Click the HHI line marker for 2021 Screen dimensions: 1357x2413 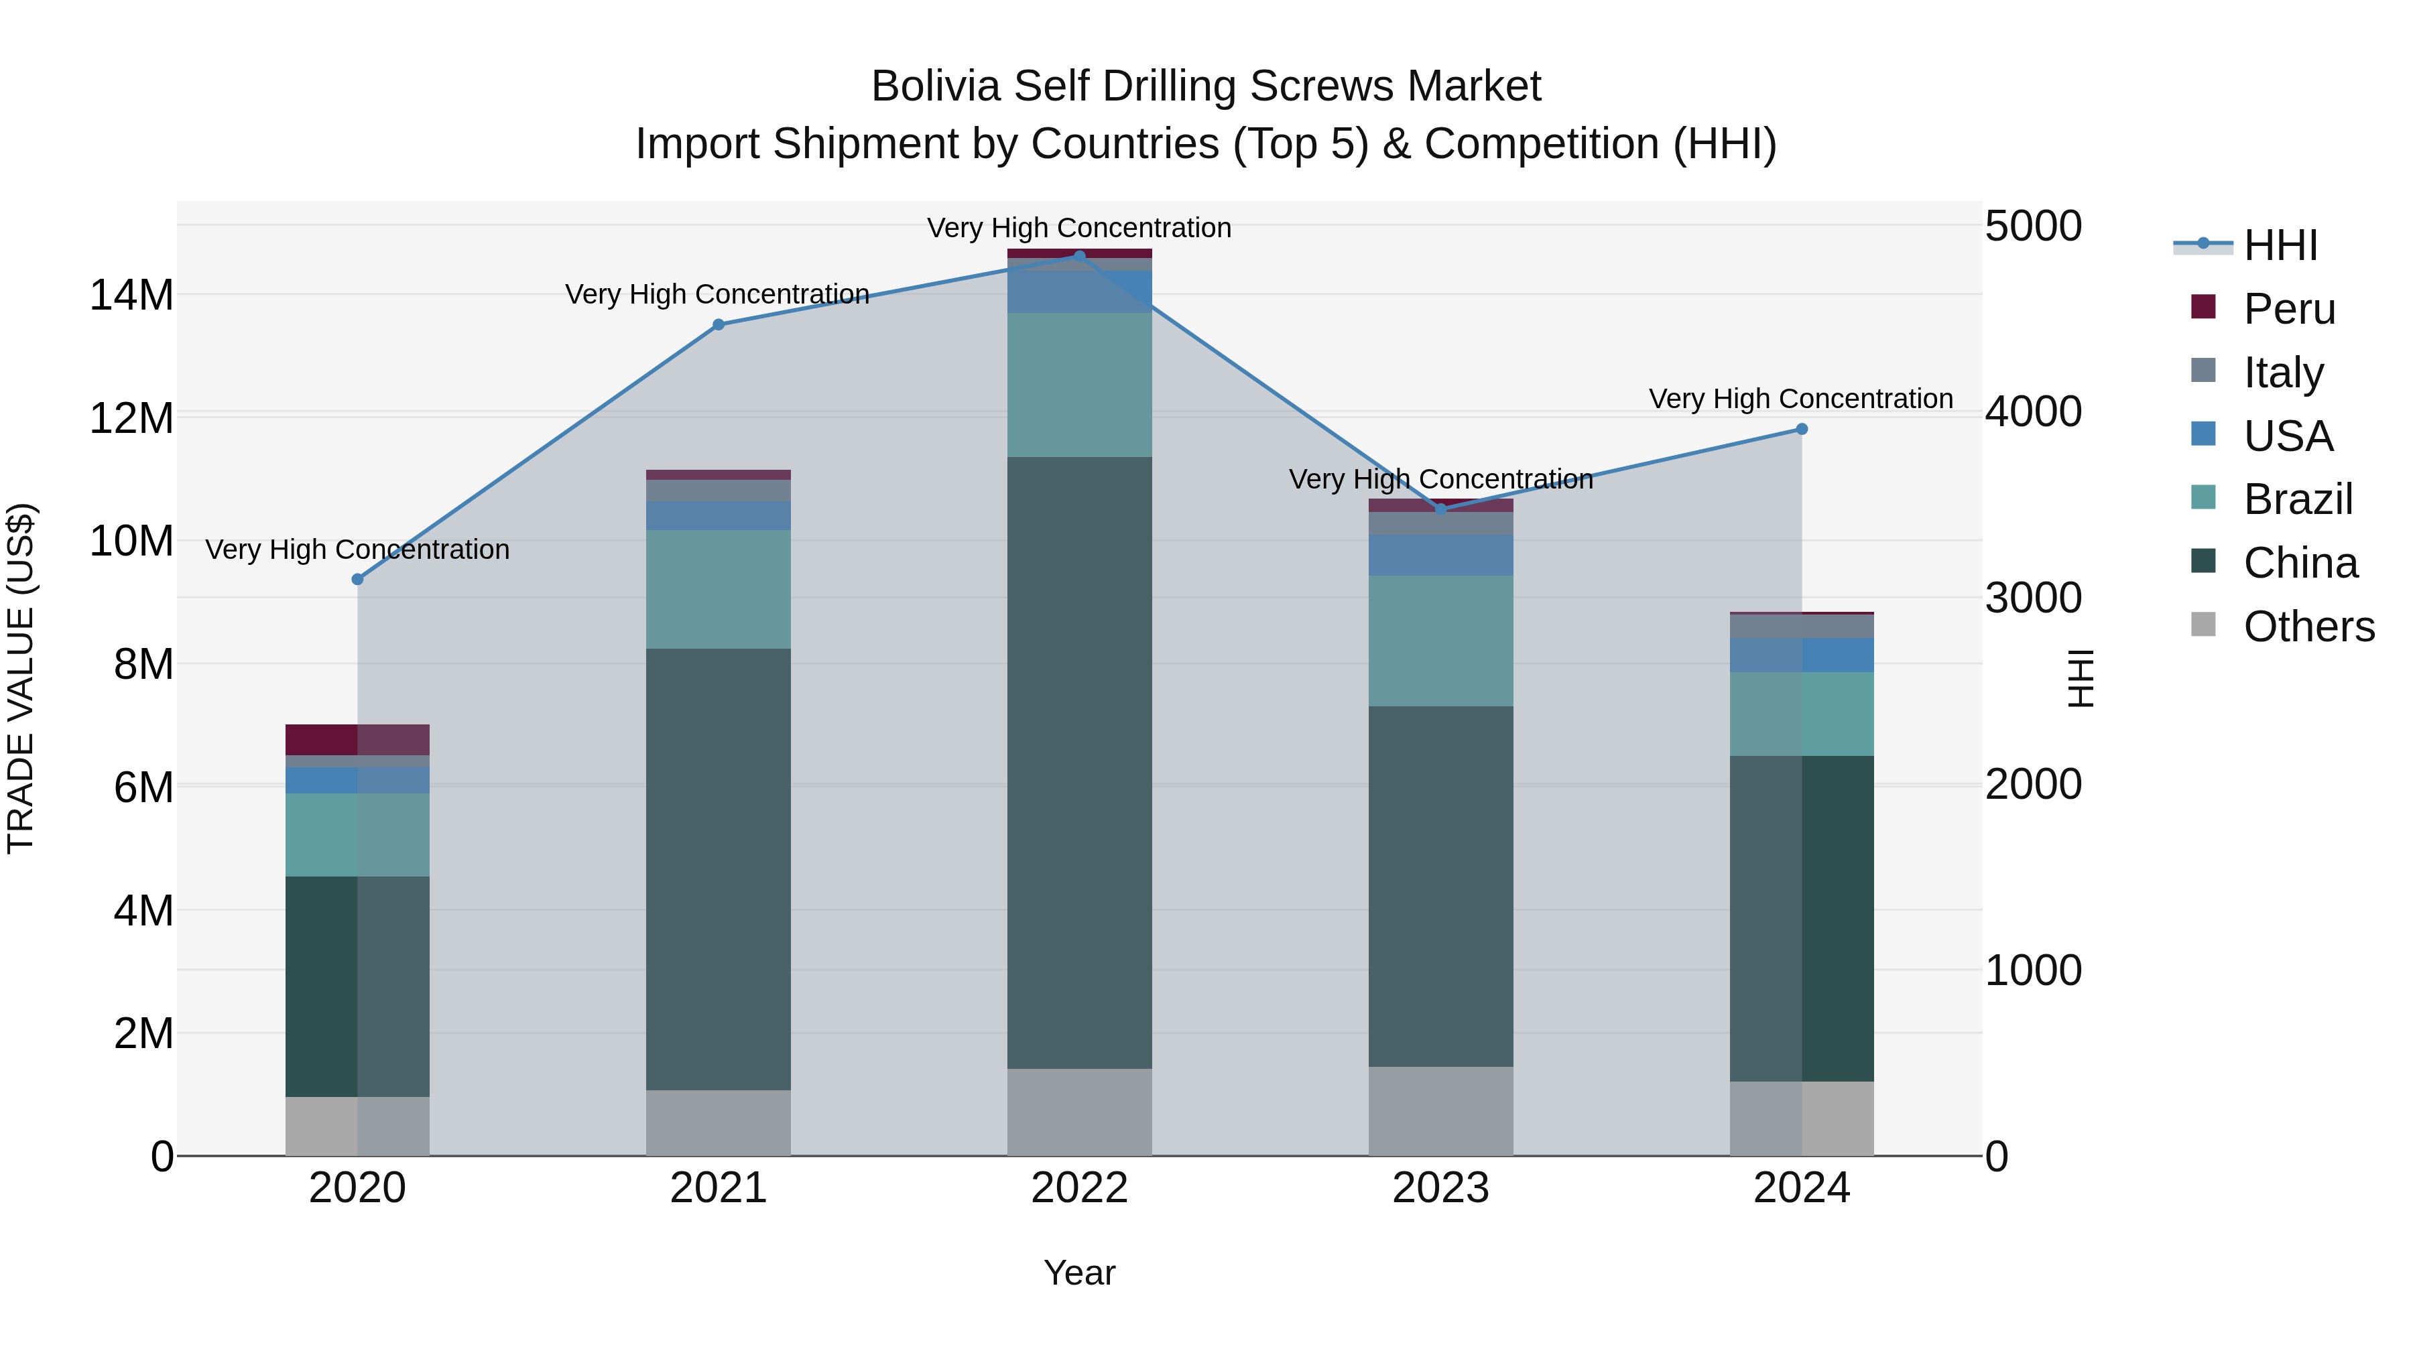click(x=719, y=325)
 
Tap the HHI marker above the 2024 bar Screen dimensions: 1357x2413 click(x=1801, y=429)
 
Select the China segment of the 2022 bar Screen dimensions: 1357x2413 click(x=1079, y=763)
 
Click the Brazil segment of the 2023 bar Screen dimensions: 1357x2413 click(x=1440, y=641)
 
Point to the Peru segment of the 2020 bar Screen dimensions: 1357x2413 click(x=357, y=740)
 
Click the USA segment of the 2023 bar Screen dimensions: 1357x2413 click(x=1440, y=556)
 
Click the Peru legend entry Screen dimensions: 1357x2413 click(x=2288, y=309)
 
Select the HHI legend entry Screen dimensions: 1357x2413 click(x=2278, y=245)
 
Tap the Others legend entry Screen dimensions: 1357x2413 click(x=2307, y=627)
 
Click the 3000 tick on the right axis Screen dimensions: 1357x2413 click(x=2033, y=598)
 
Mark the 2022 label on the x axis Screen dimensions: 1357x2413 click(x=1079, y=1188)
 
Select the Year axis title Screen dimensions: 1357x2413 click(x=1079, y=1273)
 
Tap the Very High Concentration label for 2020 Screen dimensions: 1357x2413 click(x=357, y=550)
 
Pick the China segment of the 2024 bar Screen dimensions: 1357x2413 click(x=1801, y=918)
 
